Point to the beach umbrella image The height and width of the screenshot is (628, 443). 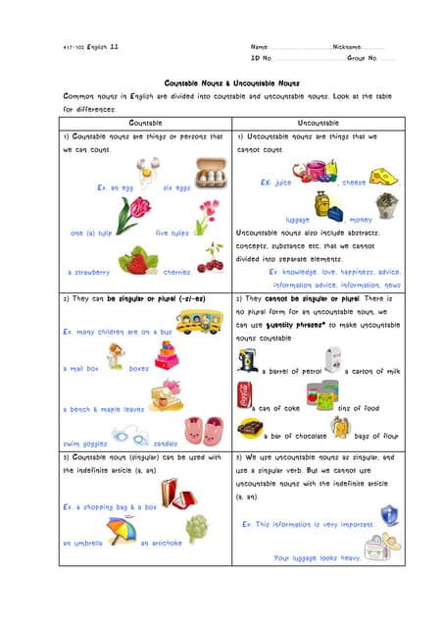tap(120, 531)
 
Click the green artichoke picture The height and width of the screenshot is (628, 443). tap(198, 529)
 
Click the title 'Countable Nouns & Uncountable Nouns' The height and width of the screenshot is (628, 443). tap(231, 83)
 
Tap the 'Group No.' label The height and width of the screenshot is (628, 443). tap(362, 59)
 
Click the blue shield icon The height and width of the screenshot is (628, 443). tap(388, 514)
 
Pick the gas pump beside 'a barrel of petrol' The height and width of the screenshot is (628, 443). tap(247, 362)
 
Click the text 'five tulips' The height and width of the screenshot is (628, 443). tap(173, 233)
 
